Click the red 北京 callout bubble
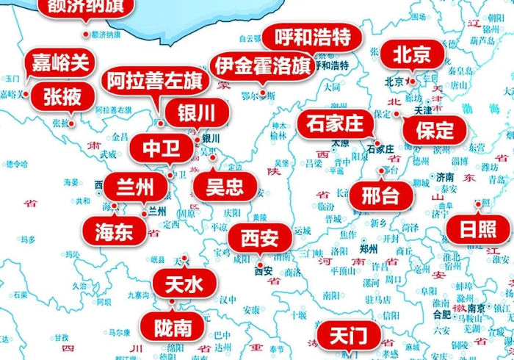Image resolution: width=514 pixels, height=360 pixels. click(413, 55)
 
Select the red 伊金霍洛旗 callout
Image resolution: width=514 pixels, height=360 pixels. click(261, 67)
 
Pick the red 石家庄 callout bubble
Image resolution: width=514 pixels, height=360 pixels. click(335, 123)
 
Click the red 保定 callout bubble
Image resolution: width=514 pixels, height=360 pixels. click(435, 131)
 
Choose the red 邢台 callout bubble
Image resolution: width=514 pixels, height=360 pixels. click(374, 196)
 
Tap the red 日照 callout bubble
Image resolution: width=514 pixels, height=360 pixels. click(477, 229)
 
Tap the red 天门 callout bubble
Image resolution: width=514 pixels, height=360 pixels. click(347, 337)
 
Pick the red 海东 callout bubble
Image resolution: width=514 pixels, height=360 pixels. click(114, 231)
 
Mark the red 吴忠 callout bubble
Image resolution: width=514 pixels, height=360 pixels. click(225, 187)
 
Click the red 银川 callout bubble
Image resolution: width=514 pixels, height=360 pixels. click(196, 113)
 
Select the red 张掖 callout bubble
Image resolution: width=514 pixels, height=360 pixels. click(63, 96)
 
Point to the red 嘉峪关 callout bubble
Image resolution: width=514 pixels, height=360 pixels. click(59, 62)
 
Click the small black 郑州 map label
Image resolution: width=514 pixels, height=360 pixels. click(369, 248)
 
